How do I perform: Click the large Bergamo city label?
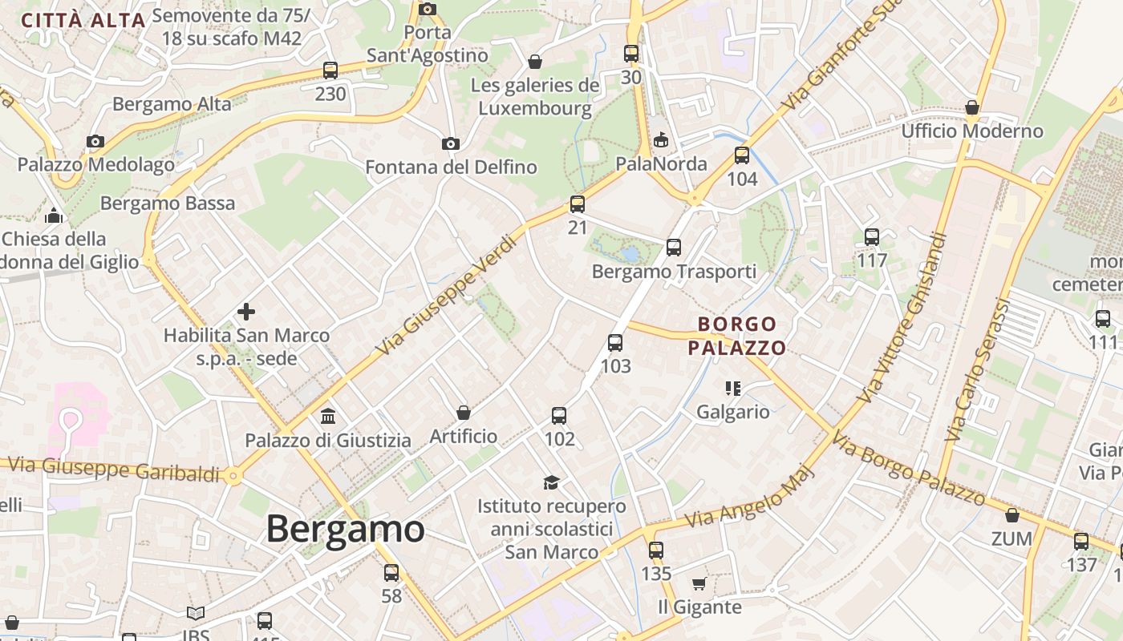tap(345, 530)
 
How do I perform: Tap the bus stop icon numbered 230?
tap(330, 71)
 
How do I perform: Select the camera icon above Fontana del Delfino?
tap(451, 143)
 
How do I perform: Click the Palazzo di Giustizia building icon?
tap(328, 417)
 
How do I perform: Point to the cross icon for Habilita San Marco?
tap(246, 311)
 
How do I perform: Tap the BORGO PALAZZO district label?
tap(736, 336)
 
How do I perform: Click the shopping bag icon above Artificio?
tap(464, 413)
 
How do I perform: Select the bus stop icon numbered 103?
tap(615, 343)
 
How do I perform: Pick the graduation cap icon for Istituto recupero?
tap(551, 482)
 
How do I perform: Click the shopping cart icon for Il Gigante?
tap(699, 583)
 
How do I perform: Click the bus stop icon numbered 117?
tap(872, 237)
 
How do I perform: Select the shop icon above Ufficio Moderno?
tap(972, 107)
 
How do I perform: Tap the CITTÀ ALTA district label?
tap(83, 20)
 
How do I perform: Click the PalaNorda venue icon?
tap(661, 141)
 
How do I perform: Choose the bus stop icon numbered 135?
tap(656, 550)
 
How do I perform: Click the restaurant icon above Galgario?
tap(732, 389)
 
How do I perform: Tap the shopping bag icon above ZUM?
tap(1012, 515)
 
